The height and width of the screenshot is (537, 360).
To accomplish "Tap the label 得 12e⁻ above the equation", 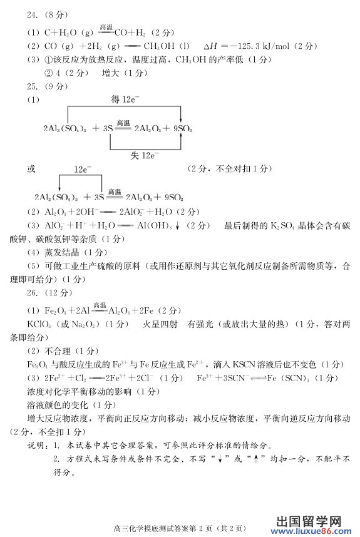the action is click(x=124, y=100).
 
